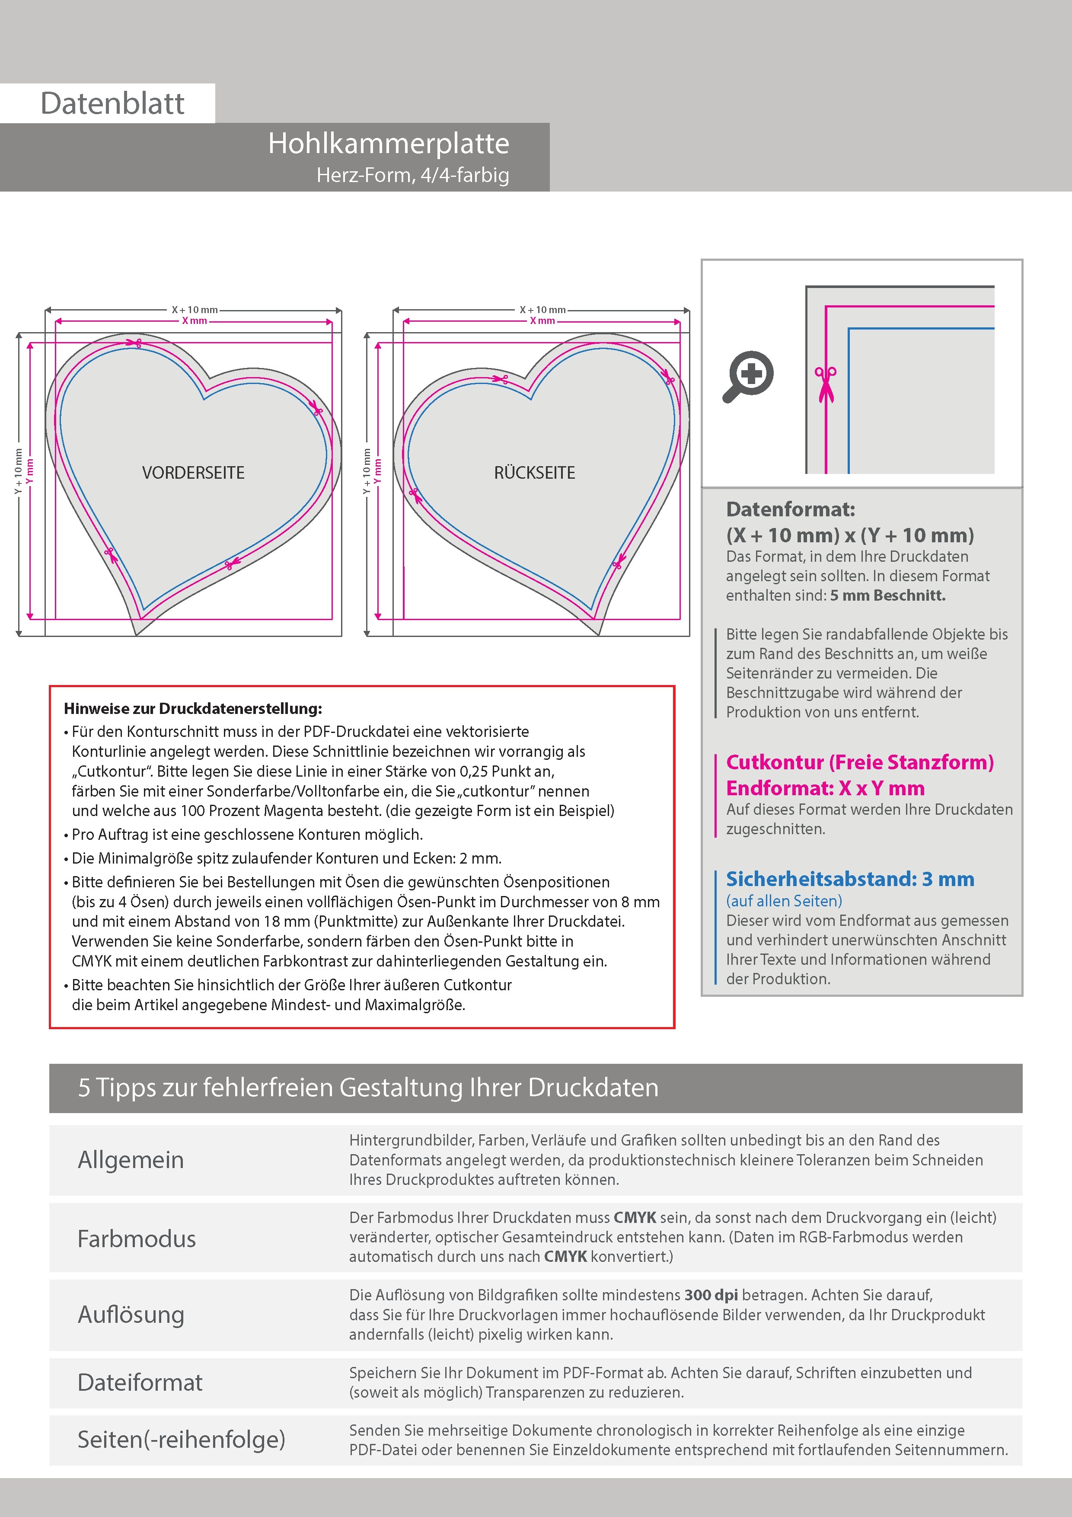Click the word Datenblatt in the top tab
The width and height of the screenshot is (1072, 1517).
[112, 103]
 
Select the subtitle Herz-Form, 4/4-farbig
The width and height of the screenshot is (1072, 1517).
[413, 175]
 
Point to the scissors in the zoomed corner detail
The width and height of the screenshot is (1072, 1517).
[826, 383]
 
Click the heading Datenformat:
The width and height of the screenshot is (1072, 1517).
[790, 509]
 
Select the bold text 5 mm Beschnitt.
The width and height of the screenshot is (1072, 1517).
[888, 595]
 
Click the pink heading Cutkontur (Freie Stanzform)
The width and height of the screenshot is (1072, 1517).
[859, 762]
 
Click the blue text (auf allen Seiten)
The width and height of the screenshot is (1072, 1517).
[784, 900]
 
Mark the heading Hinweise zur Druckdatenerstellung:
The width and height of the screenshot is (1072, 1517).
[193, 709]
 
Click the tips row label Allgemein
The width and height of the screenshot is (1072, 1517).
[131, 1159]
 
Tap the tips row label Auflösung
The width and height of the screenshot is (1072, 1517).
[131, 1314]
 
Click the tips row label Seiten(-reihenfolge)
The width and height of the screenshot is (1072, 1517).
[181, 1439]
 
